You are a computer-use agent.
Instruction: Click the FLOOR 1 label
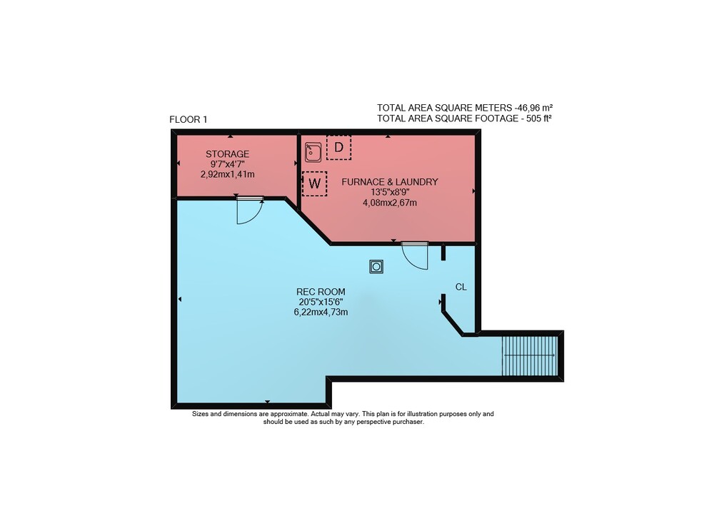(x=188, y=120)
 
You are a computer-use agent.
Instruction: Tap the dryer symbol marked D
(x=338, y=148)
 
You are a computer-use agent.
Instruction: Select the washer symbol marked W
(x=315, y=183)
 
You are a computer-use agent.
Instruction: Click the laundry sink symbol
(x=313, y=152)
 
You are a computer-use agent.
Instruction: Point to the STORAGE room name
(x=227, y=153)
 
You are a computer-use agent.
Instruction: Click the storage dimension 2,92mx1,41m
(x=227, y=174)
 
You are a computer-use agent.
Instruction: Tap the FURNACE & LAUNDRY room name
(x=390, y=181)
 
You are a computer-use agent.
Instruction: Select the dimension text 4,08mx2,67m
(x=390, y=203)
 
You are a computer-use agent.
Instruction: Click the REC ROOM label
(x=321, y=292)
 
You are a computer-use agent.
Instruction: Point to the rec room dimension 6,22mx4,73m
(x=321, y=312)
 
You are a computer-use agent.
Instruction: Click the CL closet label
(x=461, y=287)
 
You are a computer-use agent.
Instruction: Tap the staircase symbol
(x=530, y=355)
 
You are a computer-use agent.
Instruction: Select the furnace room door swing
(x=415, y=256)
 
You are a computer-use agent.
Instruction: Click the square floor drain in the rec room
(x=376, y=266)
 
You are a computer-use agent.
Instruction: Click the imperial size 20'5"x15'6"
(x=321, y=302)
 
